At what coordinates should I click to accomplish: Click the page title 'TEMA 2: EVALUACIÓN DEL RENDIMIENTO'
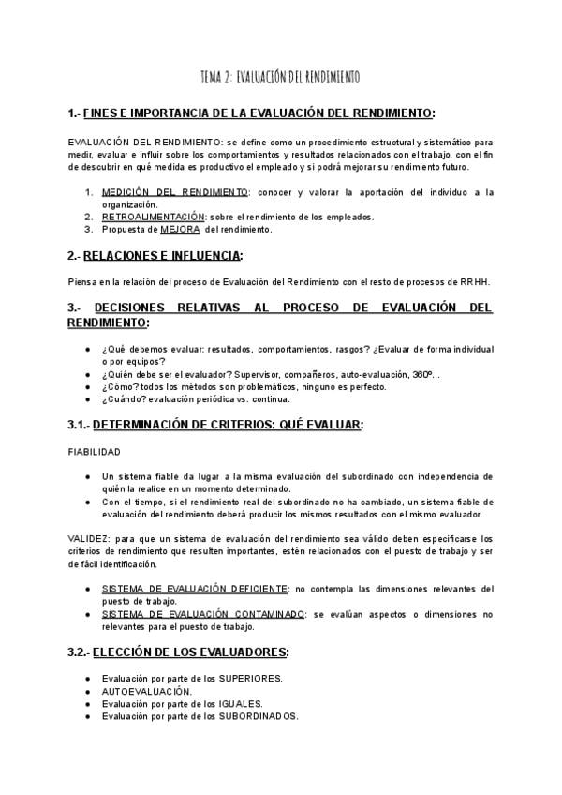(x=280, y=77)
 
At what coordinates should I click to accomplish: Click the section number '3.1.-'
(x=80, y=425)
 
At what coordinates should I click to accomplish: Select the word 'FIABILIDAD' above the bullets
(x=95, y=451)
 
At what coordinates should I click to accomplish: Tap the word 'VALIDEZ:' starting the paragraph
(x=89, y=539)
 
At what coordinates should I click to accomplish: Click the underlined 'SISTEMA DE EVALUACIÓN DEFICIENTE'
(x=196, y=589)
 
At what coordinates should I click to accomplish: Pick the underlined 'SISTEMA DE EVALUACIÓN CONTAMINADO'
(x=203, y=614)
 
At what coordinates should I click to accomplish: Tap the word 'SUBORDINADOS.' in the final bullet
(x=259, y=716)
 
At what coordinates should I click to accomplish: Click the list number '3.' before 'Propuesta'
(x=89, y=228)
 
